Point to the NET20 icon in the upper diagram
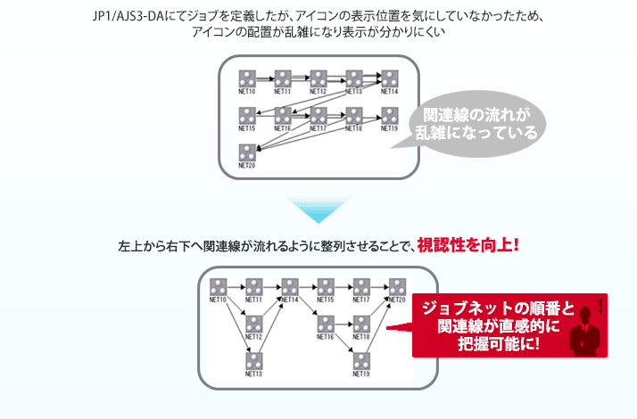[x=247, y=152]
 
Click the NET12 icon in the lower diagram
[x=254, y=323]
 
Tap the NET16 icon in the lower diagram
[x=326, y=323]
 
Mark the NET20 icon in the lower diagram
[x=397, y=286]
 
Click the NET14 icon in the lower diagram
[x=290, y=286]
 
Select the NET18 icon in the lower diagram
[x=361, y=323]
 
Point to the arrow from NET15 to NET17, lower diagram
[x=343, y=287]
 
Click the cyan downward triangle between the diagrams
[x=318, y=210]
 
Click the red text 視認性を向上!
[x=467, y=243]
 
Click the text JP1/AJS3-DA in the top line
[x=135, y=15]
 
